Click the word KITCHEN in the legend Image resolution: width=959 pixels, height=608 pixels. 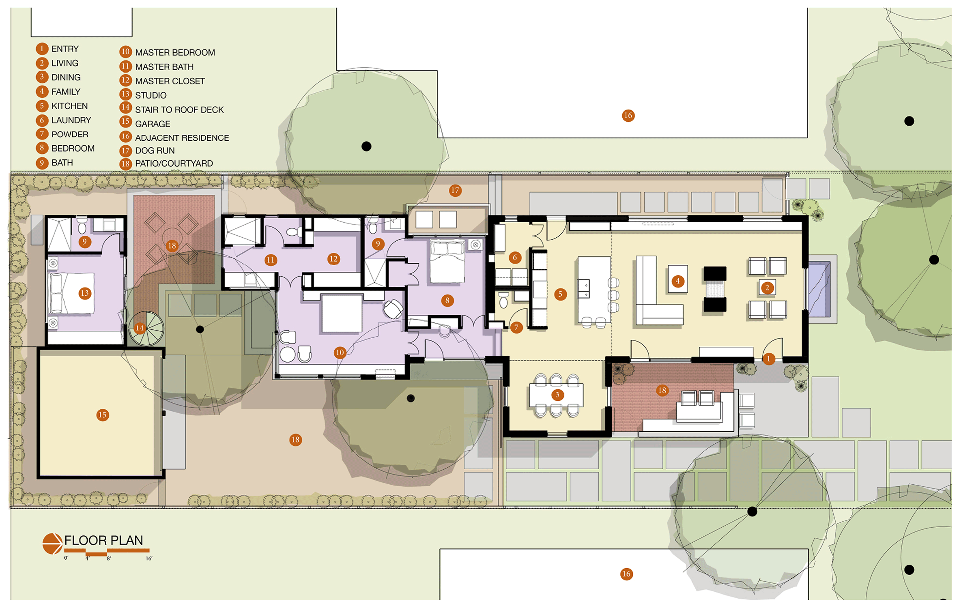(69, 106)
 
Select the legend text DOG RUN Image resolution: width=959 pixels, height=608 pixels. (155, 150)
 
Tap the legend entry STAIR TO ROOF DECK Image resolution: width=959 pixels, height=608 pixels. (179, 110)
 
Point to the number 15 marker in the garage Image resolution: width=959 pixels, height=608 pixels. (103, 415)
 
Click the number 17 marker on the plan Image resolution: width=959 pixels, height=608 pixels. (455, 190)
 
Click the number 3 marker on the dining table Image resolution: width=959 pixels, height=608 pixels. (557, 395)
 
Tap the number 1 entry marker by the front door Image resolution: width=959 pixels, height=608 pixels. (768, 359)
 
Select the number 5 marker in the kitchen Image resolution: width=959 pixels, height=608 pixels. (560, 294)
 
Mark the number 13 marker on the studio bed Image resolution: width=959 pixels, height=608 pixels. (85, 293)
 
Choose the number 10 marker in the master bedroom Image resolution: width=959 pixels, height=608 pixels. (340, 352)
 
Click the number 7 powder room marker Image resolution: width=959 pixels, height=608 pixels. (516, 327)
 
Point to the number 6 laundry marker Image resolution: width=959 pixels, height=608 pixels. (515, 257)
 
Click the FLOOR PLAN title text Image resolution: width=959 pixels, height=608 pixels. (103, 540)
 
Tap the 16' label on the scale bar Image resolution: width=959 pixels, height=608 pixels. (149, 559)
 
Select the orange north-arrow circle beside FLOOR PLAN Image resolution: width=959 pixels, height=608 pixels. (53, 544)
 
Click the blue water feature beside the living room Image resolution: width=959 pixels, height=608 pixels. (819, 289)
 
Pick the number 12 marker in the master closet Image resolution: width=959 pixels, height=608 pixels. (333, 259)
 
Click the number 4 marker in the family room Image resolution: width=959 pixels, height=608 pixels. (677, 281)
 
